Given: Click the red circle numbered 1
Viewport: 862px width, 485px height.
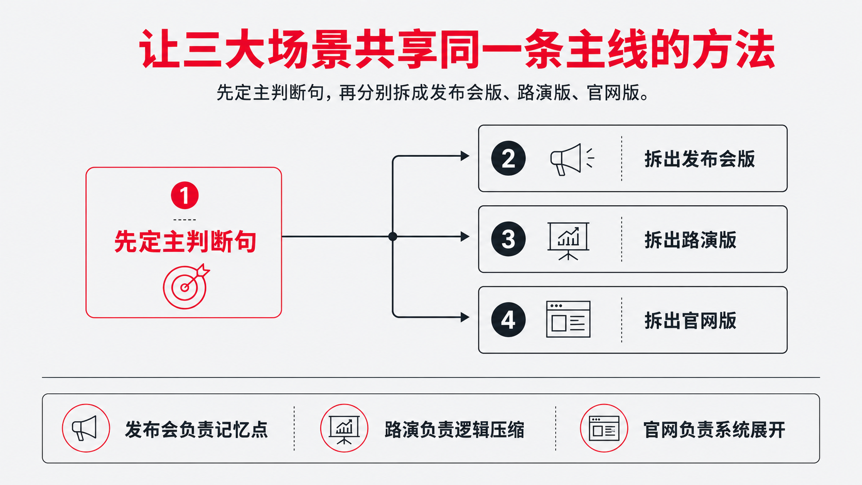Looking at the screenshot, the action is tap(185, 195).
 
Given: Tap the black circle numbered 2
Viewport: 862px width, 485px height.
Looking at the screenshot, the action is tap(508, 158).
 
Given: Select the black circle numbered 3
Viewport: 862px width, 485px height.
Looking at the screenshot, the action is tap(508, 239).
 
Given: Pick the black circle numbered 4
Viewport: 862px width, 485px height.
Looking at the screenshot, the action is tap(508, 320).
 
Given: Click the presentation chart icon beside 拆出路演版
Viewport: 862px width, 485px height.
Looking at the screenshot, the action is tap(568, 241).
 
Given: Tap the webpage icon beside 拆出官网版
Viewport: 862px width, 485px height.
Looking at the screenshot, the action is tap(568, 319).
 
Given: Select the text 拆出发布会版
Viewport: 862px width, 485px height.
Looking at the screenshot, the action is tap(700, 159).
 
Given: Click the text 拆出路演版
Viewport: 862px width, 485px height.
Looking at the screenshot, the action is tap(690, 240).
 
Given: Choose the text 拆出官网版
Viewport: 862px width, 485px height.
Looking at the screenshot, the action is tap(690, 321).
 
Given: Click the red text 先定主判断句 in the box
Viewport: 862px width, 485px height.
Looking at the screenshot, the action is tap(185, 242).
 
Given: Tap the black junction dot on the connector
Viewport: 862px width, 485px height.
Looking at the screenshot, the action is tap(392, 237).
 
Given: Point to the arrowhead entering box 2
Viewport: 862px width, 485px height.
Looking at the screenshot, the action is tap(465, 156).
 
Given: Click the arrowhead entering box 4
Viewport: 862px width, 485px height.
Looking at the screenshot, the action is tap(465, 317).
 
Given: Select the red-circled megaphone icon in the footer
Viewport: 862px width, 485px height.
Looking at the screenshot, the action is tap(86, 428).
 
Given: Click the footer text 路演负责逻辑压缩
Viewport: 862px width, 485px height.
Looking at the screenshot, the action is tap(455, 430).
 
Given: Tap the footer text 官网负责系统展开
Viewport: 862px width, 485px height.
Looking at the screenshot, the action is tap(714, 430).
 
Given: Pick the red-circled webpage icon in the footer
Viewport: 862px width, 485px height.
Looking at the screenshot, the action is tap(604, 428).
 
